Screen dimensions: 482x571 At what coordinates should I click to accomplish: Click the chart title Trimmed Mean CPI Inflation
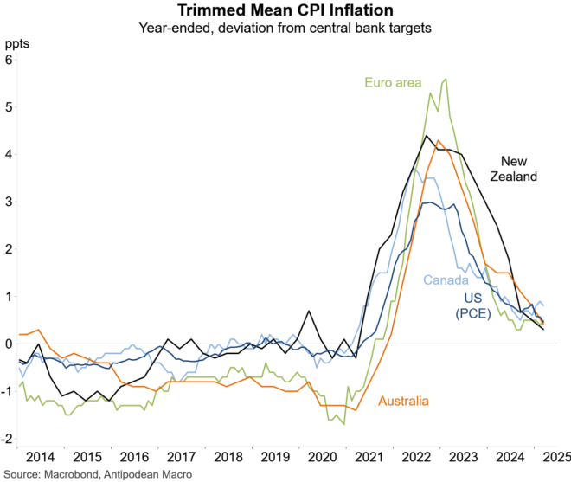285,11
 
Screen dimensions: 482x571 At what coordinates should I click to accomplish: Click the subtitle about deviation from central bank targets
285,28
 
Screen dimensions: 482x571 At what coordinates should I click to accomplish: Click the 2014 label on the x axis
40,456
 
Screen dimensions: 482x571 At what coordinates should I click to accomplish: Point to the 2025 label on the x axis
555,456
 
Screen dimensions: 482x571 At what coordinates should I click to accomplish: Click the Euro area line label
393,83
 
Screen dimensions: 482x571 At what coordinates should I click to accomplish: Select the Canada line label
446,280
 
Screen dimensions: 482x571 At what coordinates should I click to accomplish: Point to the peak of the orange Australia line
439,140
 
